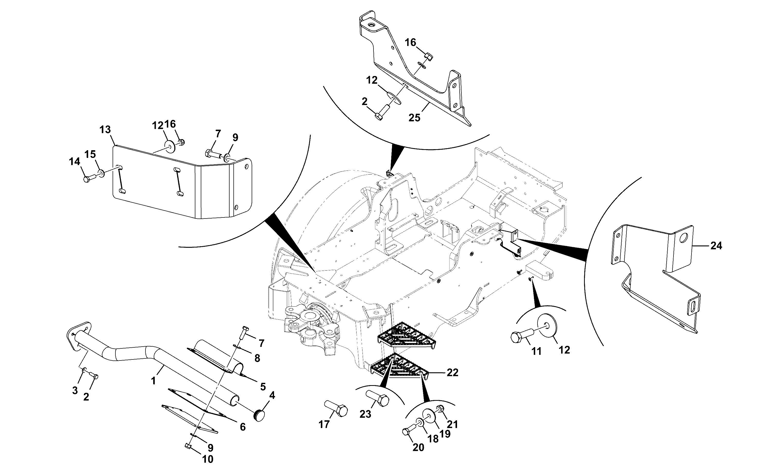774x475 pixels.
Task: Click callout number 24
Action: point(716,246)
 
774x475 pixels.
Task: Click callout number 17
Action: point(324,424)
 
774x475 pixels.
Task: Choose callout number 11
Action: point(536,351)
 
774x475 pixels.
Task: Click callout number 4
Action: point(272,395)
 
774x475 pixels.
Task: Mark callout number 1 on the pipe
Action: point(153,381)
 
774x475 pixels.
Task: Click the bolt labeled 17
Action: point(336,408)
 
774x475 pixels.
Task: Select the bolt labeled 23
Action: point(377,398)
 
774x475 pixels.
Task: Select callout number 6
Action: point(242,427)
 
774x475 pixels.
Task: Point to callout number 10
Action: point(208,459)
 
